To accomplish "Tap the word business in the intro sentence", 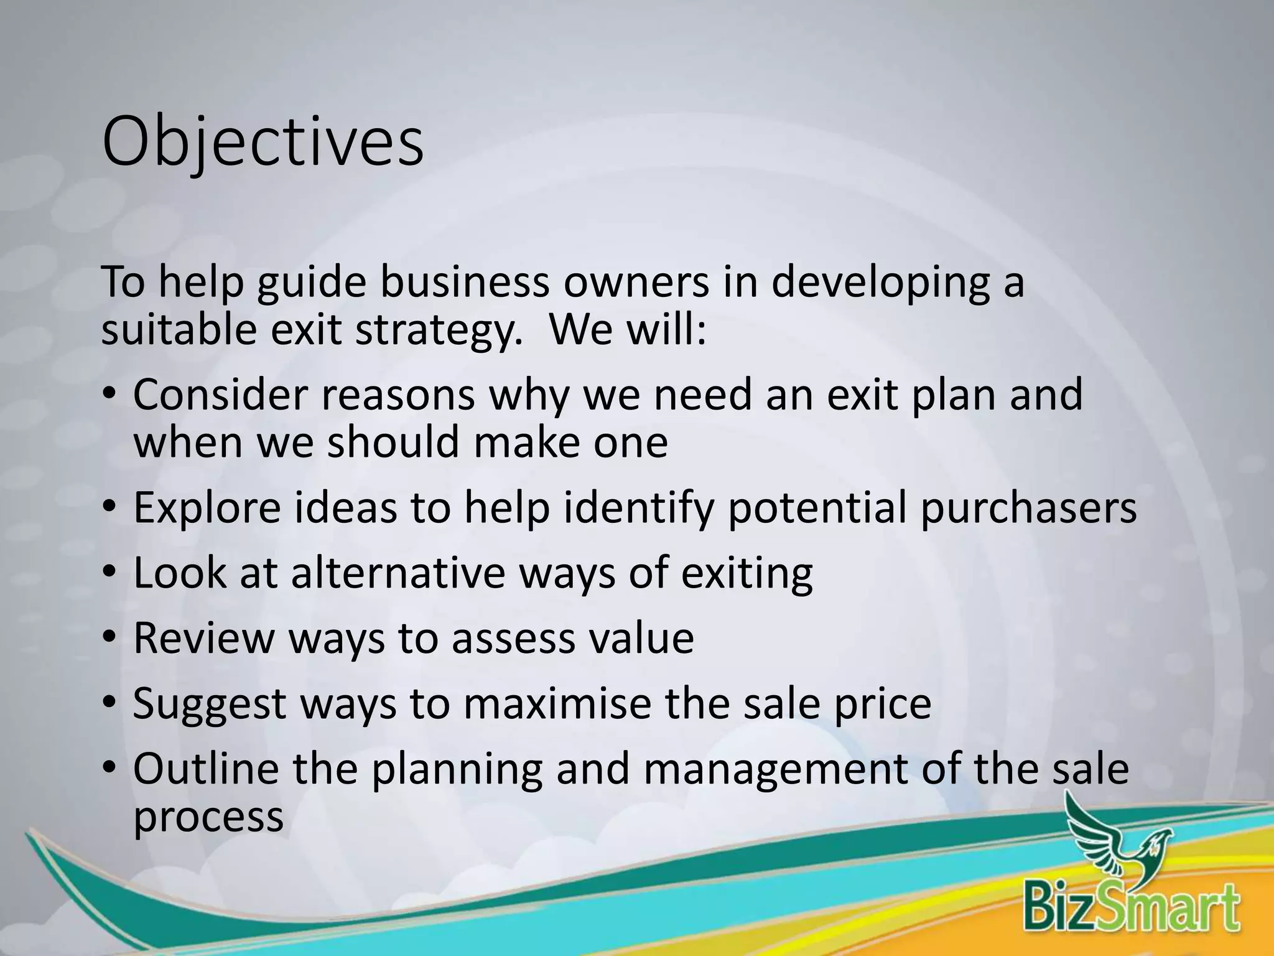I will click(x=465, y=281).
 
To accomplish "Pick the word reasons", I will click(x=398, y=396).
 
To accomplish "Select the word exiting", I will click(x=746, y=574).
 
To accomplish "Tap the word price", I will click(x=883, y=705).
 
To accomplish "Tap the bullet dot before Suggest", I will click(x=109, y=703).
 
